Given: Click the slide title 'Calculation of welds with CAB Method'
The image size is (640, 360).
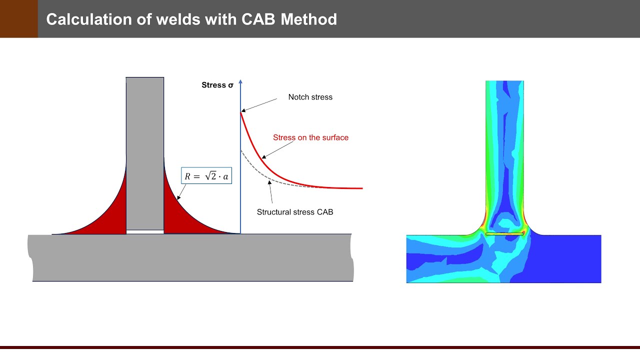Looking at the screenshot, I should [x=191, y=19].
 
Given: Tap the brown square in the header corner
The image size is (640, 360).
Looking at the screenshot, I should [x=18, y=19].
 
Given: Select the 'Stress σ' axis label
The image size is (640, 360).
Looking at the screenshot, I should [x=217, y=85].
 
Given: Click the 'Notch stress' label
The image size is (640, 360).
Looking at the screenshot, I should [x=310, y=97].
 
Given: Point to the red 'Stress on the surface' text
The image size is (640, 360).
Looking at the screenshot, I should [x=310, y=137].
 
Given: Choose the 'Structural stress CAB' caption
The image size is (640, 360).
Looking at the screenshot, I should [x=294, y=212].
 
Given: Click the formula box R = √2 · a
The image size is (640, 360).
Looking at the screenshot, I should [x=206, y=176].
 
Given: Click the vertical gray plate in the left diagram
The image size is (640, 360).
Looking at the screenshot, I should [x=144, y=150].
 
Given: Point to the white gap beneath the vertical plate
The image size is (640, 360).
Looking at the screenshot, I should [x=144, y=231].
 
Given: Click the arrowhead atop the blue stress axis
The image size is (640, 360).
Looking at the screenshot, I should [x=240, y=81].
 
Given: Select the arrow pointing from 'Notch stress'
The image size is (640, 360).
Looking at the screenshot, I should [x=258, y=105].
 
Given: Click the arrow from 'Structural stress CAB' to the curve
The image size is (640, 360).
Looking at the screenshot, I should [x=270, y=192].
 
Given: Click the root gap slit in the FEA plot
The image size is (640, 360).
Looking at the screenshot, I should [x=504, y=233].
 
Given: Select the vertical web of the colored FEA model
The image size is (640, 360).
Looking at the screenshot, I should [x=504, y=150].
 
